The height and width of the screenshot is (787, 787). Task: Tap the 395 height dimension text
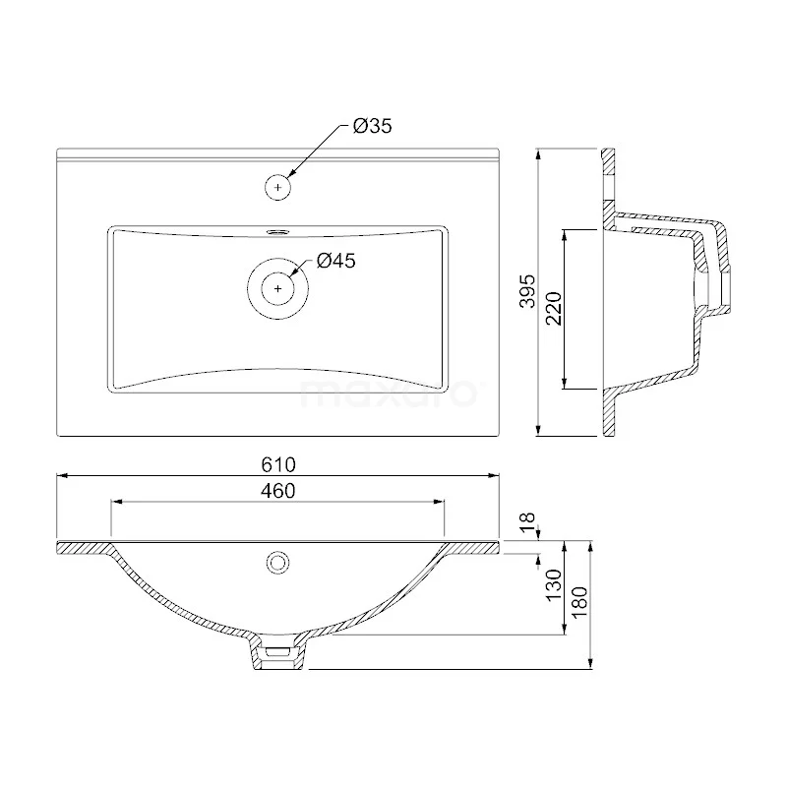click(526, 292)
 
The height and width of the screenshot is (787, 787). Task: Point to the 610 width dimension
click(278, 463)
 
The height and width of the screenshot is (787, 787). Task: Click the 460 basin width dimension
click(278, 491)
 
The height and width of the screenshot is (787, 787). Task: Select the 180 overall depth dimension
click(579, 598)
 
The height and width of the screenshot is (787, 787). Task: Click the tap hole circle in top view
click(279, 186)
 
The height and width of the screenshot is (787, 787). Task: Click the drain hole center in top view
click(279, 288)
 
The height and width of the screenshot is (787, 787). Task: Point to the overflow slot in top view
click(279, 233)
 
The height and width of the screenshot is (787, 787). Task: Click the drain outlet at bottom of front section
click(280, 653)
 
